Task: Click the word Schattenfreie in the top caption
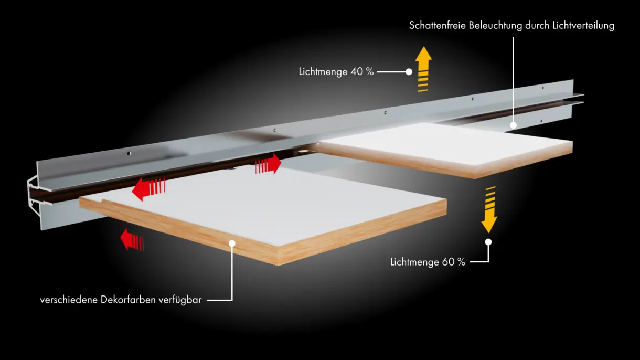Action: [x=438, y=25]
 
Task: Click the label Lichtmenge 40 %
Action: [x=336, y=72]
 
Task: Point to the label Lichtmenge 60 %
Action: [x=428, y=262]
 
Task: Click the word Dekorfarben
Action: [x=129, y=300]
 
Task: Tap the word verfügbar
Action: [x=180, y=300]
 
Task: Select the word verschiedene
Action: [x=69, y=300]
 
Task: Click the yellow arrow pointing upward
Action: [x=423, y=69]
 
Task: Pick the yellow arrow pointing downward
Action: [x=489, y=209]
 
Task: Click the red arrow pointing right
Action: [x=268, y=164]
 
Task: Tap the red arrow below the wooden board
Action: [x=132, y=239]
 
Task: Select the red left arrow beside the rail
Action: [x=148, y=189]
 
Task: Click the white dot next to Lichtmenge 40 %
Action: [x=409, y=72]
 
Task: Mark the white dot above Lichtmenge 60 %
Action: [x=488, y=242]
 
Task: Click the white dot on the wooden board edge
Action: [x=232, y=243]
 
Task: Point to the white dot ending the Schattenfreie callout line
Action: [x=514, y=125]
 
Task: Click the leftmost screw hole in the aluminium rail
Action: [x=129, y=153]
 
